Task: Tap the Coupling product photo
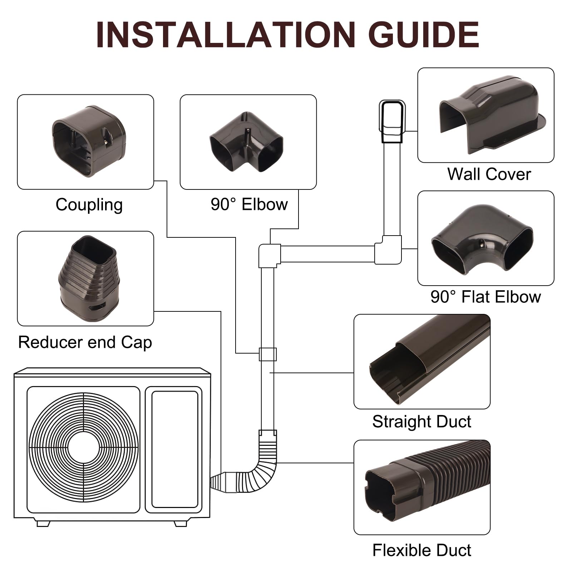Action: tap(89, 141)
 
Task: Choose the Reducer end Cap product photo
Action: tap(87, 279)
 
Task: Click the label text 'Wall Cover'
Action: tap(489, 174)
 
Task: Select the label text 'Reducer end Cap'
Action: tap(85, 342)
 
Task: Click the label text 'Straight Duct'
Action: tap(421, 421)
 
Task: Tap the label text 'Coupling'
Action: tap(89, 205)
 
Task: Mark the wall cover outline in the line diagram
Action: tap(392, 122)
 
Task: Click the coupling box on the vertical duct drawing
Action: tap(267, 354)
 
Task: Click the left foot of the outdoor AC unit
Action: tap(43, 524)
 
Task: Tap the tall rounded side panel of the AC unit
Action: tap(174, 449)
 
